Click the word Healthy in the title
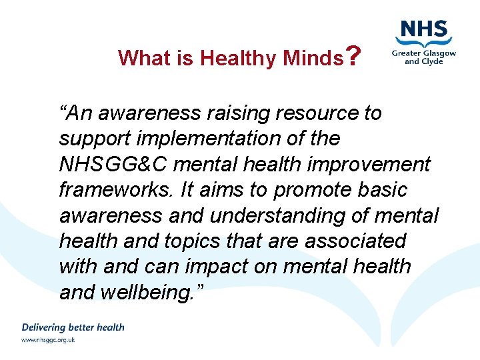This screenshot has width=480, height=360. [x=238, y=59]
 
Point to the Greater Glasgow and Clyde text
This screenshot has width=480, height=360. [x=424, y=57]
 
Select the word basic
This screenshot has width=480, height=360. [x=382, y=190]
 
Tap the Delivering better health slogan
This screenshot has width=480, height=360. [x=73, y=327]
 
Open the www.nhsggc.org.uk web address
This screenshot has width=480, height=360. [x=48, y=340]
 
